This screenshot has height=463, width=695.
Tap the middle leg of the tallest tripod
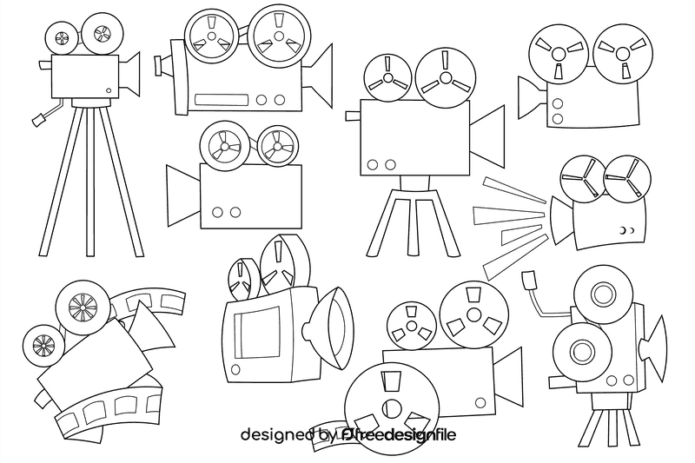tap(90, 182)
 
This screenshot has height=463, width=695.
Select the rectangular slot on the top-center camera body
tap(222, 100)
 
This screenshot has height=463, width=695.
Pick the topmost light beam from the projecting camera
tap(514, 190)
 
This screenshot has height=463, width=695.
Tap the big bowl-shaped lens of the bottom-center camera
tap(329, 328)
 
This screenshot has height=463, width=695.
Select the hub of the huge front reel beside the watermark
tap(392, 408)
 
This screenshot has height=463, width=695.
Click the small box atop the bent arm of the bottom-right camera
tap(529, 280)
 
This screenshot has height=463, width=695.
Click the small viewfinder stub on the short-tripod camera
tap(354, 116)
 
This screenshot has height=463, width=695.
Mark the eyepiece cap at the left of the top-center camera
tap(158, 65)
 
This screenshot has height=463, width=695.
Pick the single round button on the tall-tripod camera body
tap(109, 90)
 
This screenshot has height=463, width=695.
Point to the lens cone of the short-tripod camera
tap(486, 136)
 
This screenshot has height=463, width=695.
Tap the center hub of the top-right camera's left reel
tap(559, 54)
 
